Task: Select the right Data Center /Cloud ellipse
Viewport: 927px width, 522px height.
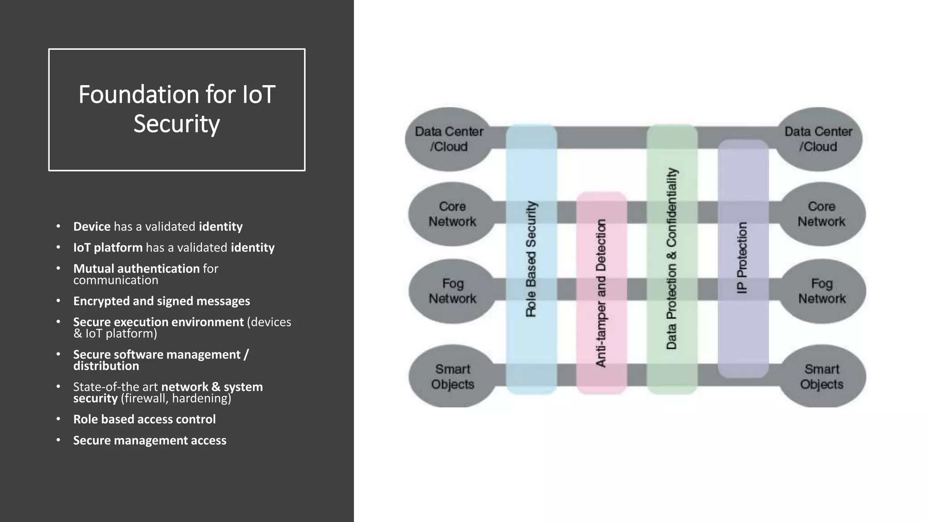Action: tap(818, 139)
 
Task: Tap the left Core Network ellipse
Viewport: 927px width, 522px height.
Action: tap(452, 214)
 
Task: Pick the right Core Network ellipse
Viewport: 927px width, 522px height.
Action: tap(822, 214)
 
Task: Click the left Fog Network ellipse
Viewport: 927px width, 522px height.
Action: tap(452, 291)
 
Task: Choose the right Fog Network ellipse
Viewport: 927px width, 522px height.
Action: tap(822, 291)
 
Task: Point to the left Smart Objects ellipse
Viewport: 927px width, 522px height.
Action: tap(452, 377)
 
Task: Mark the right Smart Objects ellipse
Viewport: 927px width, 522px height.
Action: tap(822, 377)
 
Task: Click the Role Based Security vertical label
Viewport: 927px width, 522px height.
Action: tap(531, 259)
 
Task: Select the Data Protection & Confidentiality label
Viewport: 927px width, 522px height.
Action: tap(671, 259)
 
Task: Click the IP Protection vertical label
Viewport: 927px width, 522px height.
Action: tap(742, 257)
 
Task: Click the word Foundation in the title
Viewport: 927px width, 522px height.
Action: tap(139, 95)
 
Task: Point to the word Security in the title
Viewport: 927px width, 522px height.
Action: tap(177, 124)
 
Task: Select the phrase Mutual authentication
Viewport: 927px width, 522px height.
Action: tap(136, 269)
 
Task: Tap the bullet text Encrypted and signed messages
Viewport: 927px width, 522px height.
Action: tap(162, 301)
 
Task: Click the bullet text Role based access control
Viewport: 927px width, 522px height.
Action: tap(144, 420)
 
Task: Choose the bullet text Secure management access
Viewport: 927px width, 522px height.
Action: tap(150, 440)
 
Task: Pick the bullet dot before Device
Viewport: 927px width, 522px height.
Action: tap(58, 226)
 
